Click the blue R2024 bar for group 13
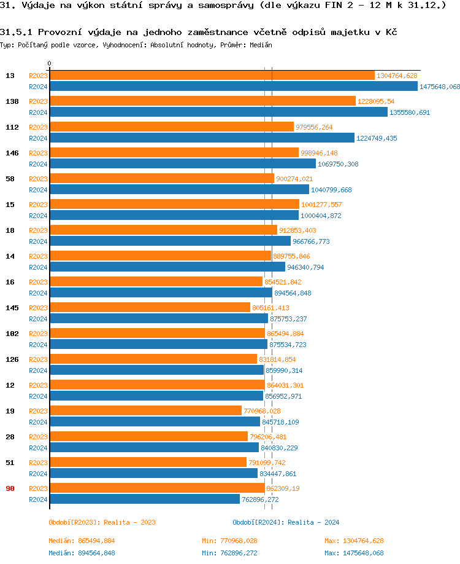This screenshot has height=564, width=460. (x=233, y=87)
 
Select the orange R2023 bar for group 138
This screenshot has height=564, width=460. (x=202, y=101)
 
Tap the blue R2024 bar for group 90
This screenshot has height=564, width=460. (x=145, y=499)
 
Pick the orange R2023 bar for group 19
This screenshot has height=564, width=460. (x=145, y=411)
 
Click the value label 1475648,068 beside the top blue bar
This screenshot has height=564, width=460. (x=440, y=87)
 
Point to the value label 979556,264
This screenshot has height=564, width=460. (x=314, y=127)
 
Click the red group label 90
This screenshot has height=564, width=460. (x=10, y=488)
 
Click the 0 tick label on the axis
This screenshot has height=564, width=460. (x=50, y=64)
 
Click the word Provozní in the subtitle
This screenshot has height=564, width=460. (x=59, y=32)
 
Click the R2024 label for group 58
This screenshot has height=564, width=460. (x=38, y=190)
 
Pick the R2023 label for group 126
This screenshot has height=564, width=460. (x=38, y=359)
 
